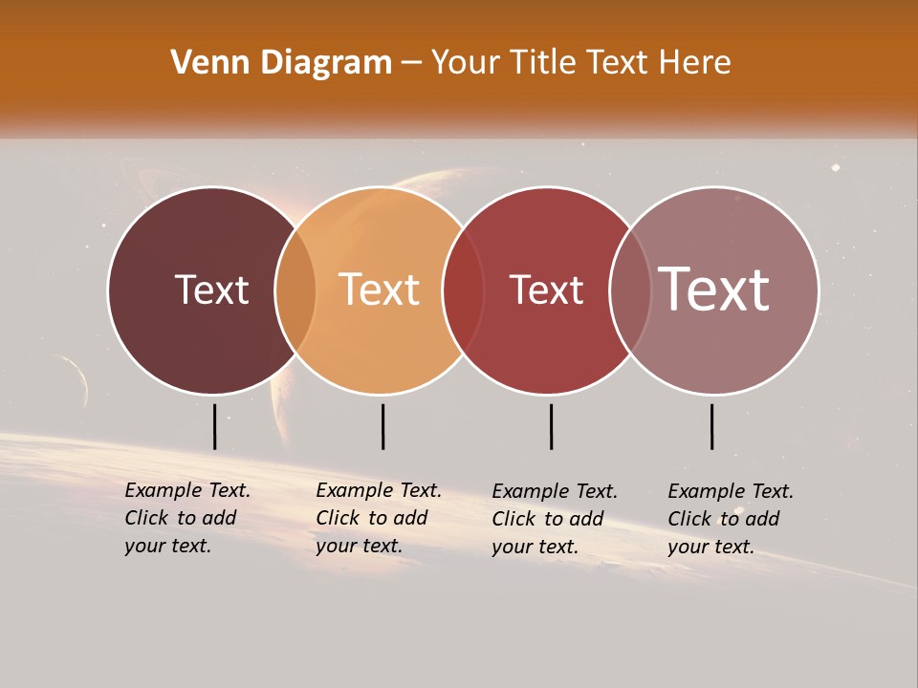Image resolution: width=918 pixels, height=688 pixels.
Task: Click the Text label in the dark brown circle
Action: click(211, 290)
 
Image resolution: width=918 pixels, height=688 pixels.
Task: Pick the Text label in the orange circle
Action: click(380, 290)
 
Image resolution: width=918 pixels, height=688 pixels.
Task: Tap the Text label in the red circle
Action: click(546, 290)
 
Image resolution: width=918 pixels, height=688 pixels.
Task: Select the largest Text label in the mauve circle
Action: click(714, 290)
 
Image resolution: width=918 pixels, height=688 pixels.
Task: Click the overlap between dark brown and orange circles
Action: click(295, 290)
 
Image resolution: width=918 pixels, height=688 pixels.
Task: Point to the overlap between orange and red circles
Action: click(464, 290)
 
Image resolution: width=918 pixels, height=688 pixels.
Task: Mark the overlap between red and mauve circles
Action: click(630, 290)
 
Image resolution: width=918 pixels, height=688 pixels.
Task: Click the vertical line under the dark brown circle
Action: click(215, 426)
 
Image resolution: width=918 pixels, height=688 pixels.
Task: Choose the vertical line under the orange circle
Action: click(382, 426)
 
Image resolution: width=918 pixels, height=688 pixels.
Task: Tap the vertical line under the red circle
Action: click(551, 426)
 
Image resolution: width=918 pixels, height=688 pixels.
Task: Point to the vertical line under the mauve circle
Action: click(712, 426)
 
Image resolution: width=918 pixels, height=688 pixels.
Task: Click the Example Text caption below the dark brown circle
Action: click(186, 518)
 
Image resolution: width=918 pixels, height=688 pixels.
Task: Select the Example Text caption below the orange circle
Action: click(378, 518)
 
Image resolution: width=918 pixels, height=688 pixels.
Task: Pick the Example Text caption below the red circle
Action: click(554, 519)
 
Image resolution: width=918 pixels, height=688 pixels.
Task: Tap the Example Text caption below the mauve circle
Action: click(730, 519)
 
